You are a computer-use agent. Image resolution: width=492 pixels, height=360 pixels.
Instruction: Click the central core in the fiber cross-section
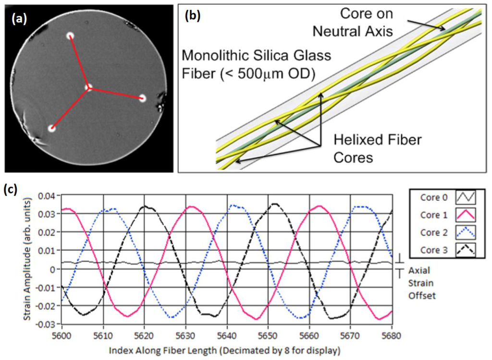88,87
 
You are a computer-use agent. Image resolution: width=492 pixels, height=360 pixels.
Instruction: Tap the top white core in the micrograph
70,36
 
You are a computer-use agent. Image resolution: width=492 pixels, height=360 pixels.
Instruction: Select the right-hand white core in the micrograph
142,98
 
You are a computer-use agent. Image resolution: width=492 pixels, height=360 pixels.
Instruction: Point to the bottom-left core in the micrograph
51,129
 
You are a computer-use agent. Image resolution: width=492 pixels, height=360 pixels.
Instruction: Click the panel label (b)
193,15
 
